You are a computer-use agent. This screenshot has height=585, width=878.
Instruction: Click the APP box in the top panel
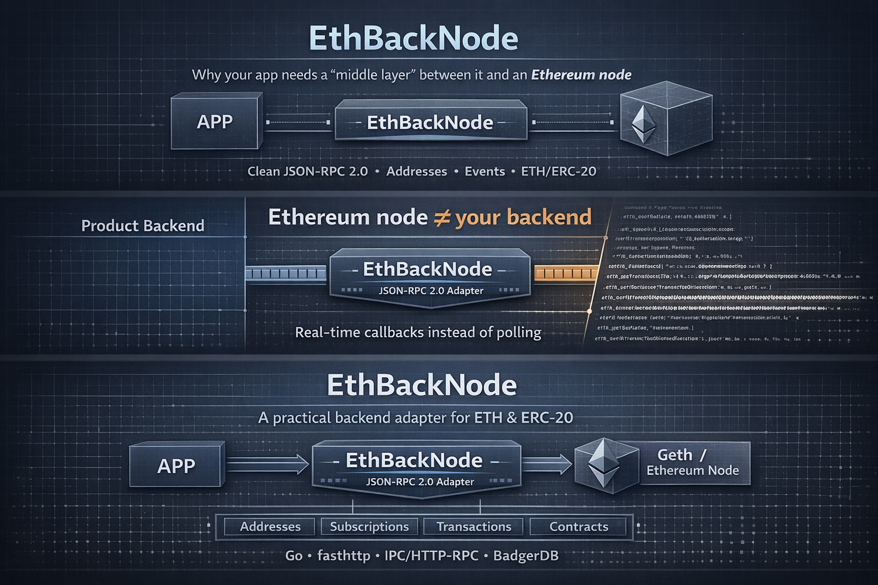coord(215,122)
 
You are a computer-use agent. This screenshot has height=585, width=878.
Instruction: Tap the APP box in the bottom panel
coord(176,466)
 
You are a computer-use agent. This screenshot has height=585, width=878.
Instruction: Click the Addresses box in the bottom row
coord(270,527)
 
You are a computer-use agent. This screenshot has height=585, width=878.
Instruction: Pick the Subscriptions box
coord(369,527)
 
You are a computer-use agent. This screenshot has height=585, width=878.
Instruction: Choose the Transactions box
coord(473,527)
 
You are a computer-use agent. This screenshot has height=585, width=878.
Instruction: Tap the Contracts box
coord(578,527)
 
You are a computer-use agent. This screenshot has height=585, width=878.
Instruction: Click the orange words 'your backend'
coord(523,218)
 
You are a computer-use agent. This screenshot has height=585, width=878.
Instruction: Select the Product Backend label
coord(143,226)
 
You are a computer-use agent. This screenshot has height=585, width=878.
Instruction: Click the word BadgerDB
coord(525,555)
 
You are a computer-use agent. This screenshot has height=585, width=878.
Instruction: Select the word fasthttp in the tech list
coord(344,555)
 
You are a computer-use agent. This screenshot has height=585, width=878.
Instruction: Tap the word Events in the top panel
coord(485,171)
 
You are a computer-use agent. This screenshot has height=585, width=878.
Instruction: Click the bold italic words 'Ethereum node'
coord(581,75)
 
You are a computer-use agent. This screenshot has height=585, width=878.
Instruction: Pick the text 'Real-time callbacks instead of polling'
coord(418,332)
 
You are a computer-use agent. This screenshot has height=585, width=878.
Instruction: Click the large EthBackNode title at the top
coord(413,38)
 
